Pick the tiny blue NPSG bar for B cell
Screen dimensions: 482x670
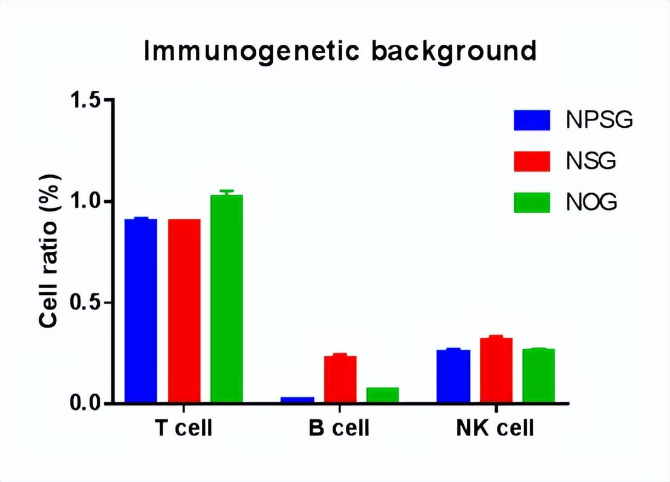(297, 400)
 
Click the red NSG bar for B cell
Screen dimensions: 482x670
(340, 379)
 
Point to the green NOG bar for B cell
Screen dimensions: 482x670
(383, 395)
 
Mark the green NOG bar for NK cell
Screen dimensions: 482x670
(539, 375)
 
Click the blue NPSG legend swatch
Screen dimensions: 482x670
(532, 120)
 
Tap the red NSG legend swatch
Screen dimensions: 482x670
(532, 161)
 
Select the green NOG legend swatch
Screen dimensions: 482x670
(532, 202)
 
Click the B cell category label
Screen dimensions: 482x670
(339, 429)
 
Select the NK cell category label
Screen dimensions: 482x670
(495, 429)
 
